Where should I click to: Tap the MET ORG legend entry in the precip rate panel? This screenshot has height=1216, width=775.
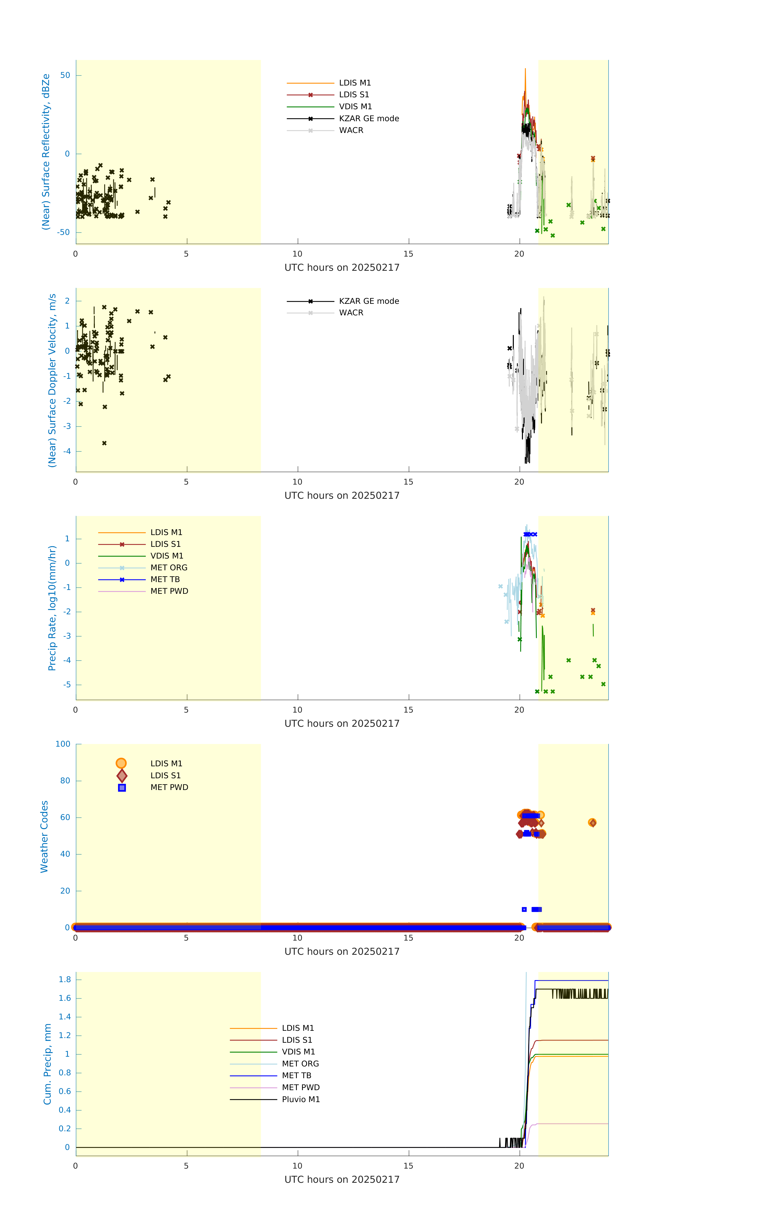click(x=169, y=568)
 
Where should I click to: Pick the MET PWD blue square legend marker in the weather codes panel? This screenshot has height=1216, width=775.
click(x=122, y=788)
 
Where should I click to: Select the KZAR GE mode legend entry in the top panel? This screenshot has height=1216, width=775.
click(x=369, y=119)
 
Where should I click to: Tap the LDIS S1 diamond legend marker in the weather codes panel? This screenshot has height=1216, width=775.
click(x=122, y=776)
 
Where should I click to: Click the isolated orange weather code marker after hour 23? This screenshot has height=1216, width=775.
click(x=592, y=823)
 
